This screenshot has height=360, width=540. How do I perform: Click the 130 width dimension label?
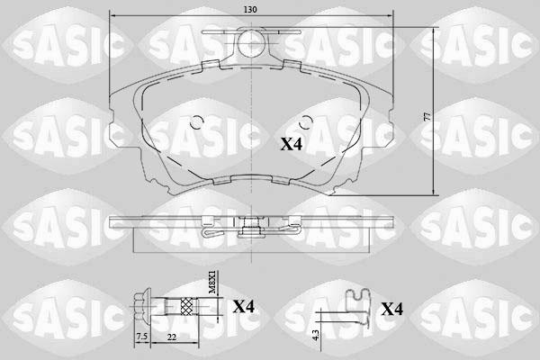250,9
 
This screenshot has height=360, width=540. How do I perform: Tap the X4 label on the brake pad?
293,144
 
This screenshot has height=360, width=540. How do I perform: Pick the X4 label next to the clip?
391,310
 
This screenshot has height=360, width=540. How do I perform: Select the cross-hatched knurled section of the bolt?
186,306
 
